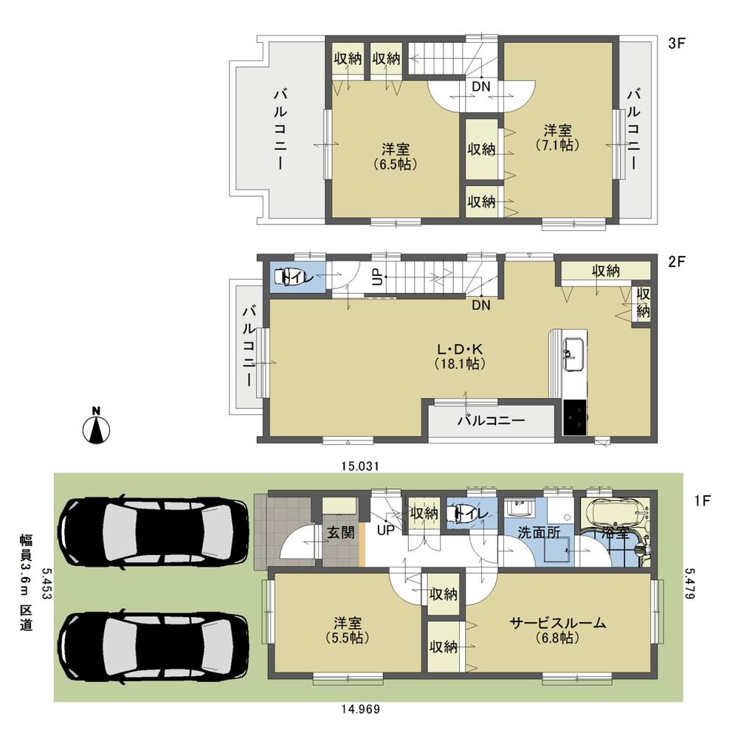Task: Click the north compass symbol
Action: [x=96, y=427]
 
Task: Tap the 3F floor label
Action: [x=677, y=44]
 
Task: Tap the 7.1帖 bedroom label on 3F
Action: [x=557, y=138]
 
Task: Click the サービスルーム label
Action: [x=558, y=630]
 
